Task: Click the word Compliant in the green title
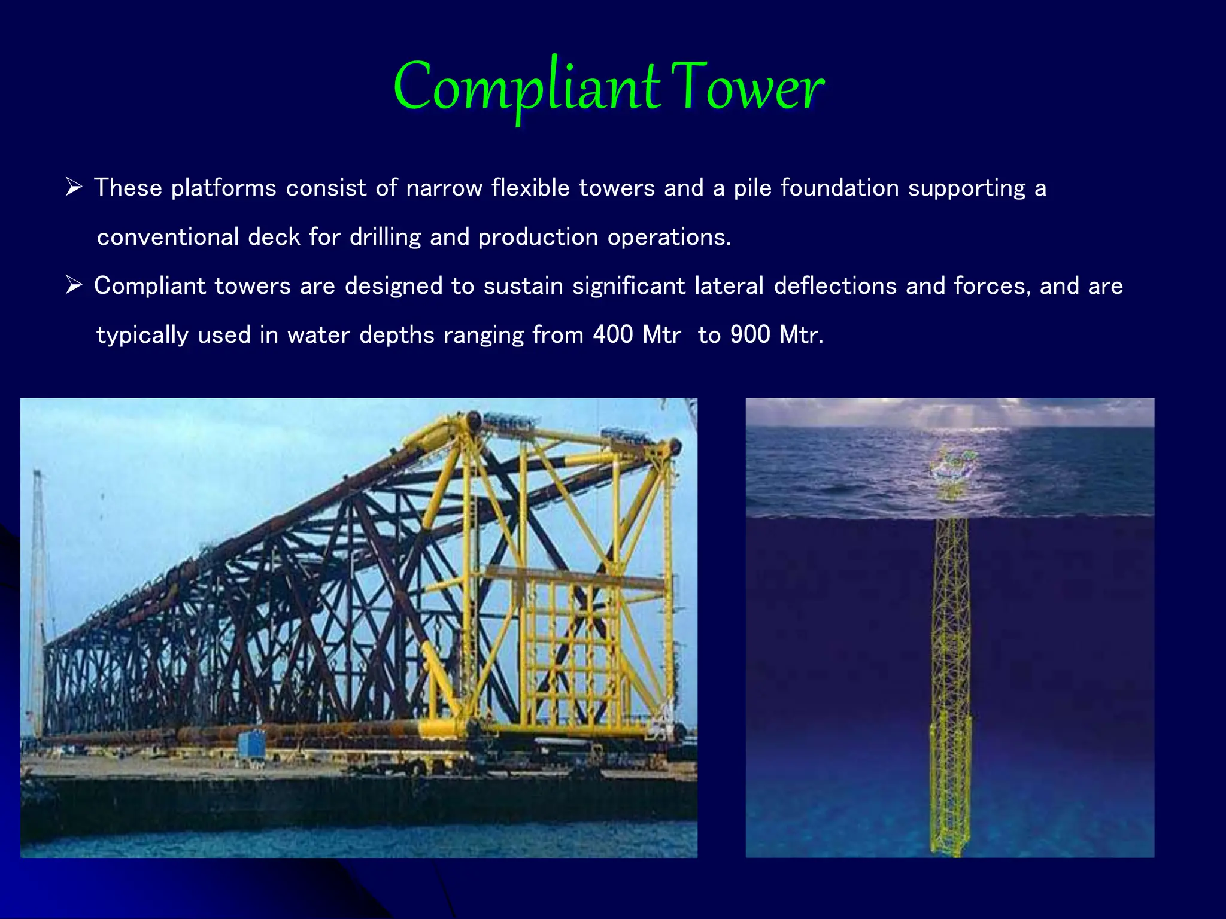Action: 527,89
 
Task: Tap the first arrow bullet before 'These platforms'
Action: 74,188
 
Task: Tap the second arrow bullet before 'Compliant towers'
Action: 74,285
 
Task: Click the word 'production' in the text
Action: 538,237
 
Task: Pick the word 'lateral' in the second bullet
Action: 729,286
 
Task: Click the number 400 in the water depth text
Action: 612,334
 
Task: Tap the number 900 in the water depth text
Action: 749,334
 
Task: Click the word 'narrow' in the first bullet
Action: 444,188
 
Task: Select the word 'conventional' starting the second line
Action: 168,237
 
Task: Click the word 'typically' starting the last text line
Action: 142,334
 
